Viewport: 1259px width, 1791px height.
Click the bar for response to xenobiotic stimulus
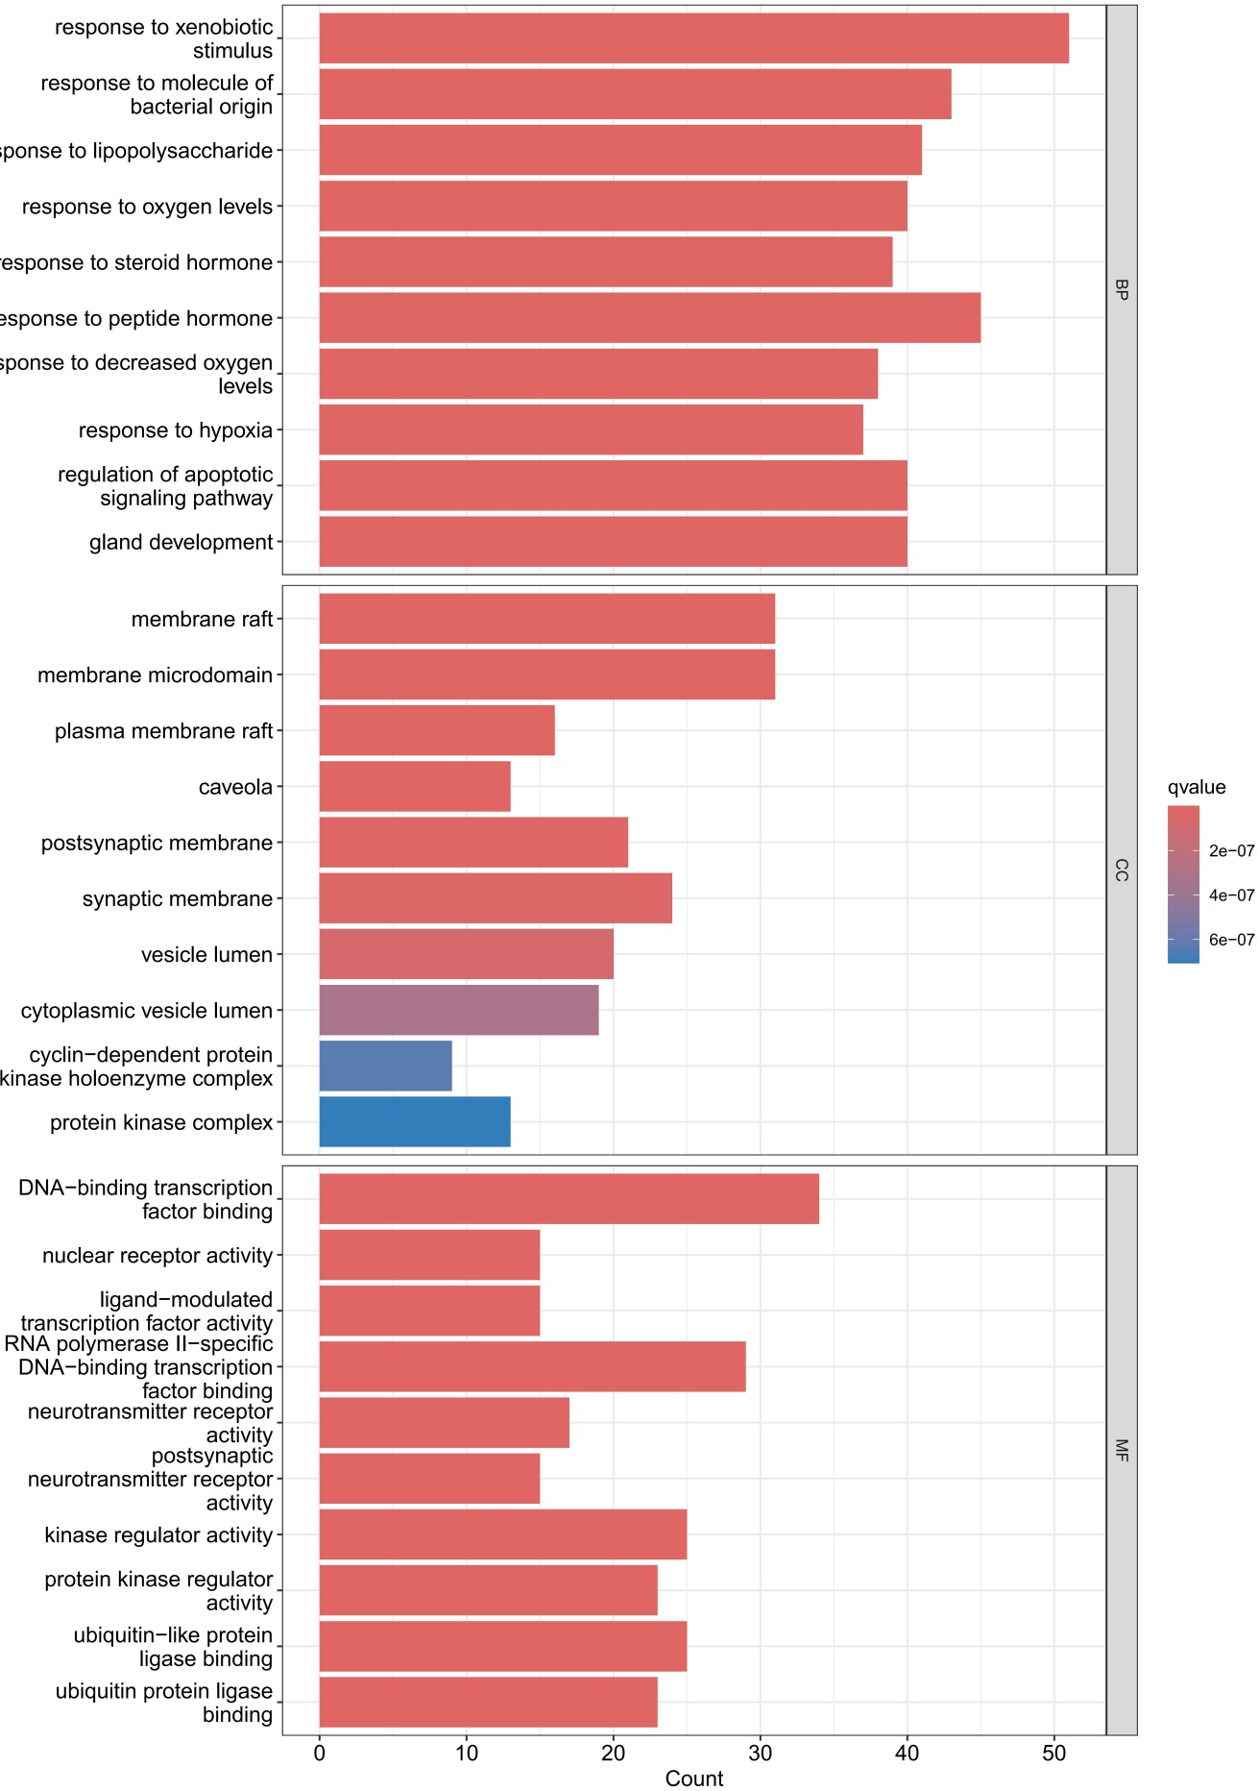pyautogui.click(x=693, y=38)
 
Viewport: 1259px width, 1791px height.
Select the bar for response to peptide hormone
pyautogui.click(x=649, y=318)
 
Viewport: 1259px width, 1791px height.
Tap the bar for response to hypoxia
pyautogui.click(x=591, y=429)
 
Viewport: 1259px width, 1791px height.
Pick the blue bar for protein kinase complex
pyautogui.click(x=415, y=1121)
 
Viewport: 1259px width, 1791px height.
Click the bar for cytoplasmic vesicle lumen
pyautogui.click(x=459, y=1010)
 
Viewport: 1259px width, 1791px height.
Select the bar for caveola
pyautogui.click(x=415, y=786)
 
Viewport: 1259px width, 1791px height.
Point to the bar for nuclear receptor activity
pyautogui.click(x=429, y=1255)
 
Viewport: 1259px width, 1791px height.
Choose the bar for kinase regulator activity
pyautogui.click(x=503, y=1534)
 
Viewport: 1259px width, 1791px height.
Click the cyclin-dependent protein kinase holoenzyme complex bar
pyautogui.click(x=385, y=1066)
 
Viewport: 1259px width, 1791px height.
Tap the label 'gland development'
pyautogui.click(x=181, y=542)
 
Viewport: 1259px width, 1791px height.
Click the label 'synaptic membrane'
pyautogui.click(x=178, y=898)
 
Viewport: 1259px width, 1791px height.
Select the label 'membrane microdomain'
pyautogui.click(x=155, y=675)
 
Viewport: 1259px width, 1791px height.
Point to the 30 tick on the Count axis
pyautogui.click(x=761, y=1753)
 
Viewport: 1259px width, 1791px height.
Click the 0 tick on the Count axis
pyautogui.click(x=320, y=1753)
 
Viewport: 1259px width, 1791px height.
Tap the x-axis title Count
pyautogui.click(x=693, y=1779)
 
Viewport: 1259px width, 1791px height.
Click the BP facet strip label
pyautogui.click(x=1122, y=289)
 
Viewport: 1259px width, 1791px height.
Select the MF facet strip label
pyautogui.click(x=1122, y=1450)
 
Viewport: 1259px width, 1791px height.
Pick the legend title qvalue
pyautogui.click(x=1197, y=787)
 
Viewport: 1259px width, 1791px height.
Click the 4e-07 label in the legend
pyautogui.click(x=1231, y=895)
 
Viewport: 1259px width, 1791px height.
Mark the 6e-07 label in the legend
pyautogui.click(x=1231, y=940)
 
